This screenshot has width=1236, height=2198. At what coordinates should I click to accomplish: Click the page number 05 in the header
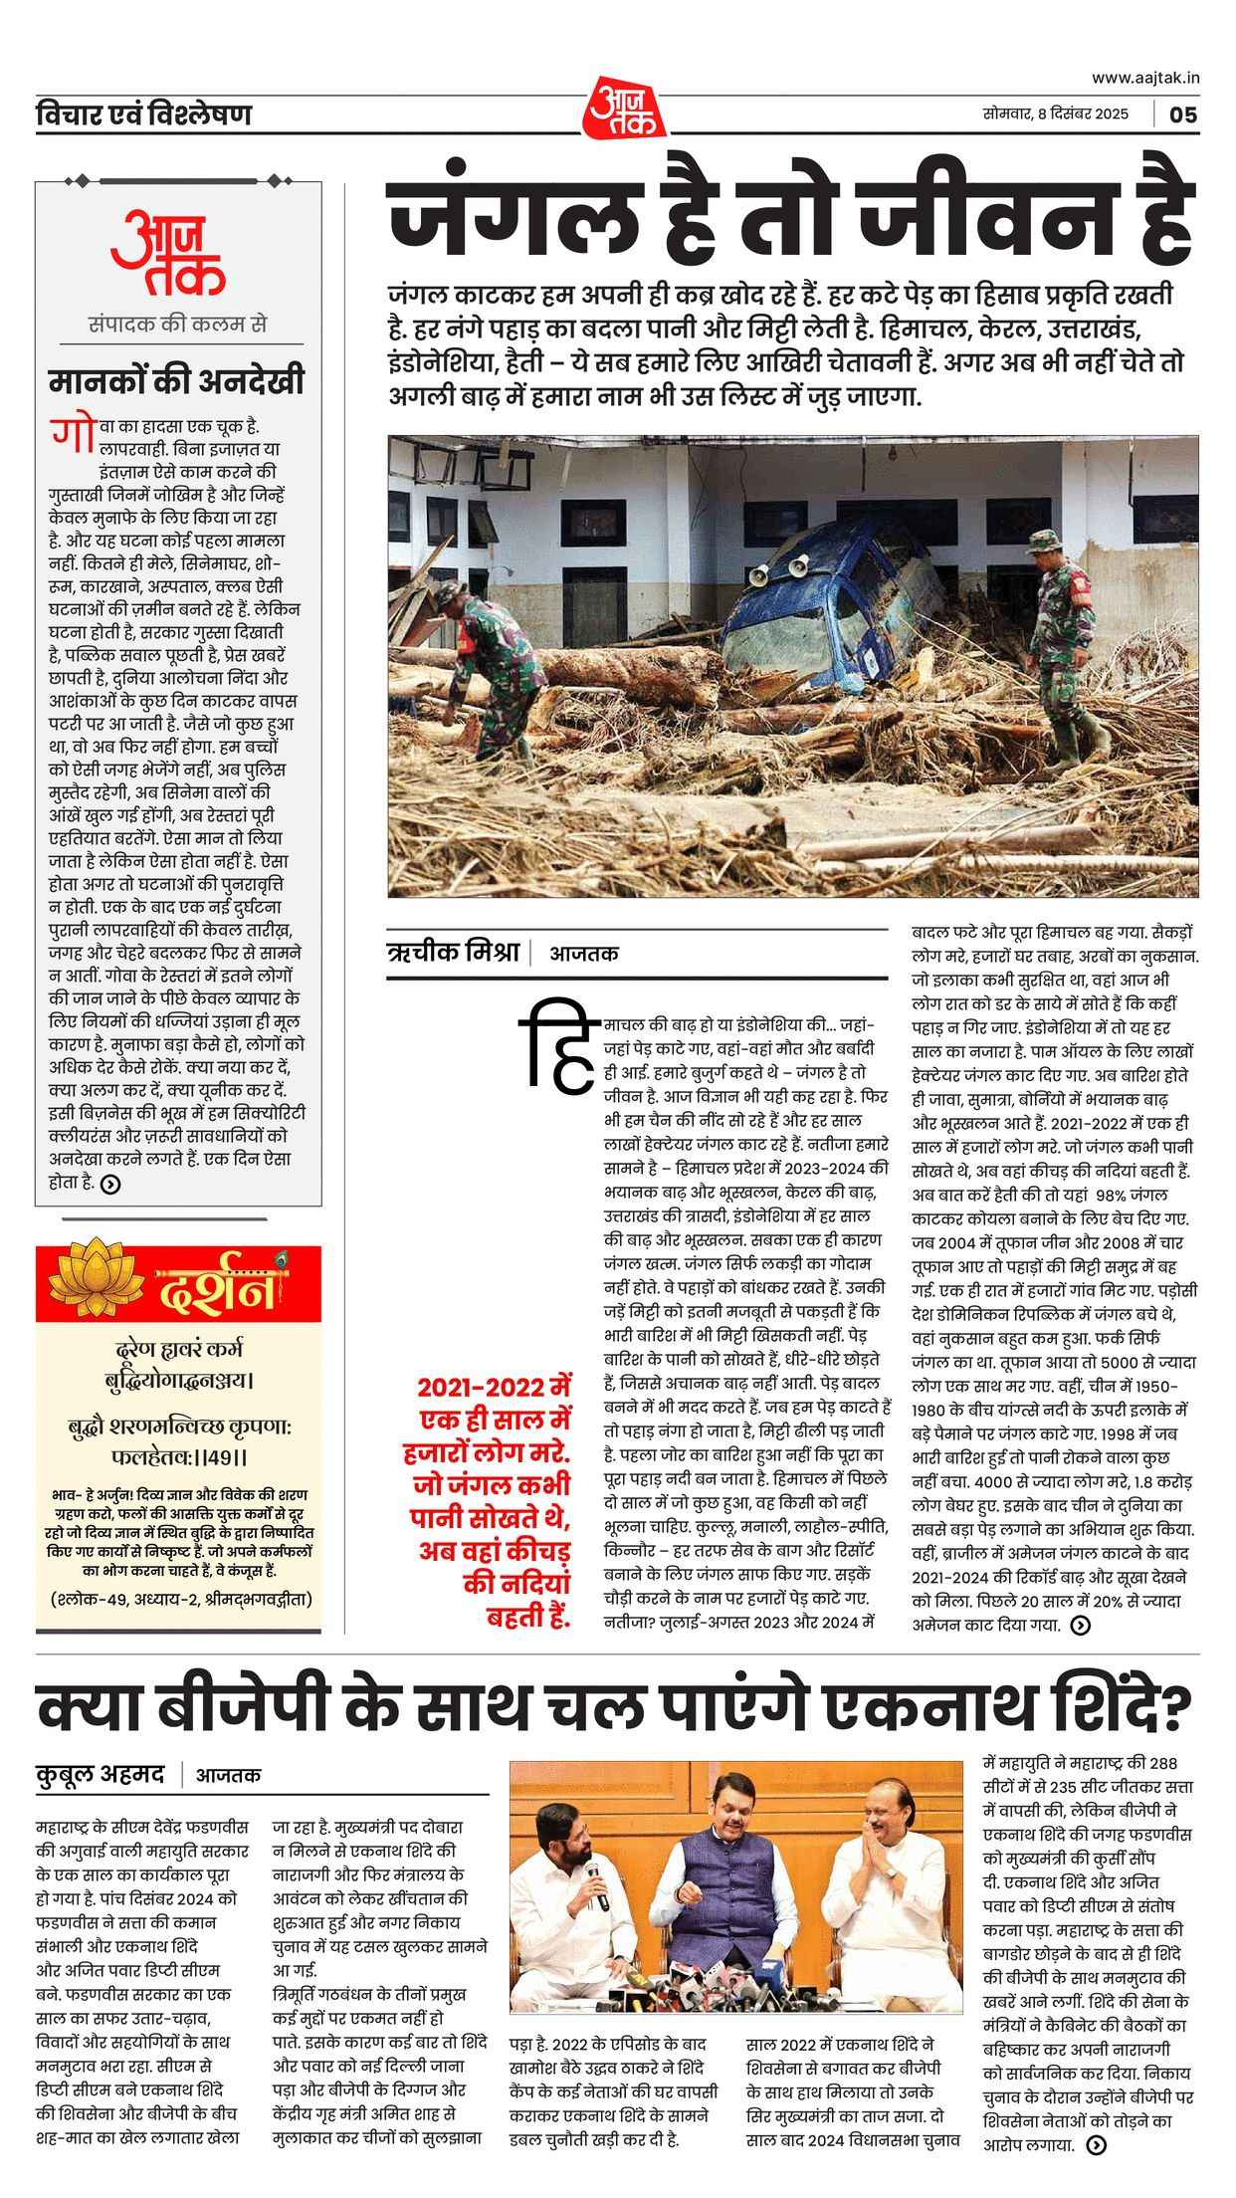1183,114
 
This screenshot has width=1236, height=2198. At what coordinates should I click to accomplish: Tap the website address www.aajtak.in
1145,77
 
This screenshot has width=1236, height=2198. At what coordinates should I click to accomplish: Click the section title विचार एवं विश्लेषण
143,115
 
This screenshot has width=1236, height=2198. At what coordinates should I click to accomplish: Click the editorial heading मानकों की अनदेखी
177,382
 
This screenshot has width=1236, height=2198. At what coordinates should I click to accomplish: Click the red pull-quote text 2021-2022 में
496,1387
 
